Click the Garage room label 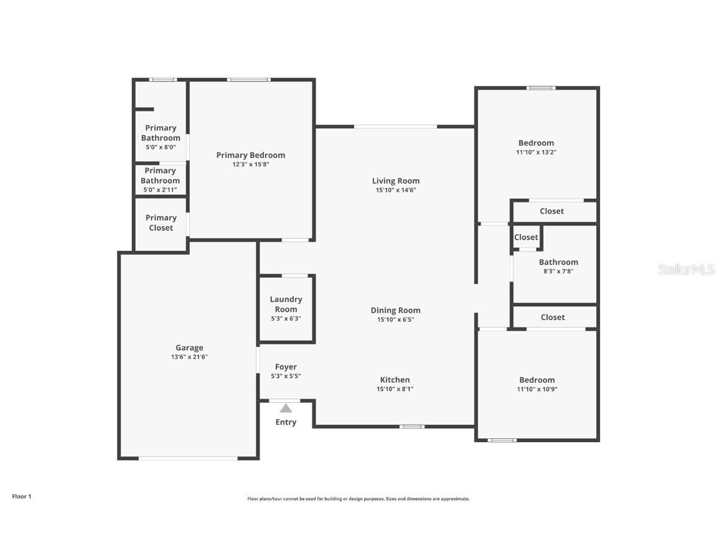pyautogui.click(x=189, y=348)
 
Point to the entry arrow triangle pyautogui.click(x=286, y=408)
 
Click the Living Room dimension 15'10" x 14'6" pyautogui.click(x=395, y=191)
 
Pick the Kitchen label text pyautogui.click(x=395, y=380)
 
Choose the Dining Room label pyautogui.click(x=395, y=310)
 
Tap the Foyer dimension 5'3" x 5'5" pyautogui.click(x=286, y=376)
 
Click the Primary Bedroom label pyautogui.click(x=251, y=155)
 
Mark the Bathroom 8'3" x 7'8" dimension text pyautogui.click(x=558, y=271)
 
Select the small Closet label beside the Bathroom pyautogui.click(x=526, y=237)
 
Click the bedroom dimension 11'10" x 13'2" pyautogui.click(x=536, y=152)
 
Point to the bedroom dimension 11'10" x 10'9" pyautogui.click(x=537, y=389)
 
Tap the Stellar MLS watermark pyautogui.click(x=687, y=270)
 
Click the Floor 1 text pyautogui.click(x=21, y=496)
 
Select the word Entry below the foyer pyautogui.click(x=286, y=422)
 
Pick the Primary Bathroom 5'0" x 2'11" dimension pyautogui.click(x=161, y=190)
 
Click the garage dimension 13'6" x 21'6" pyautogui.click(x=189, y=357)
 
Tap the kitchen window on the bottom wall pyautogui.click(x=411, y=427)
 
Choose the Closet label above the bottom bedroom pyautogui.click(x=553, y=317)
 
